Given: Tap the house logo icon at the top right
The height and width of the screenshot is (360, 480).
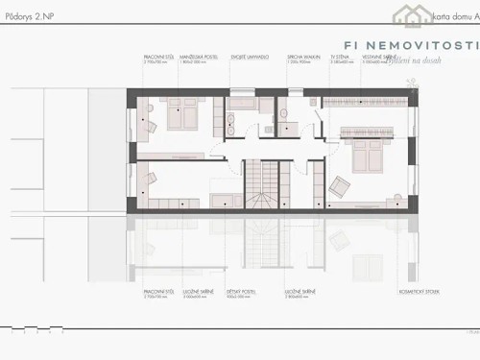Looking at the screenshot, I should tap(407, 14).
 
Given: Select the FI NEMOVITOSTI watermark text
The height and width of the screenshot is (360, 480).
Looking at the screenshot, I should tap(410, 46).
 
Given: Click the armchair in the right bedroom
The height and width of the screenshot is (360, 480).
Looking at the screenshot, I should tap(340, 185).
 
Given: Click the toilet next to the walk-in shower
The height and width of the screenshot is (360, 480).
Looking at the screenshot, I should tap(285, 115).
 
